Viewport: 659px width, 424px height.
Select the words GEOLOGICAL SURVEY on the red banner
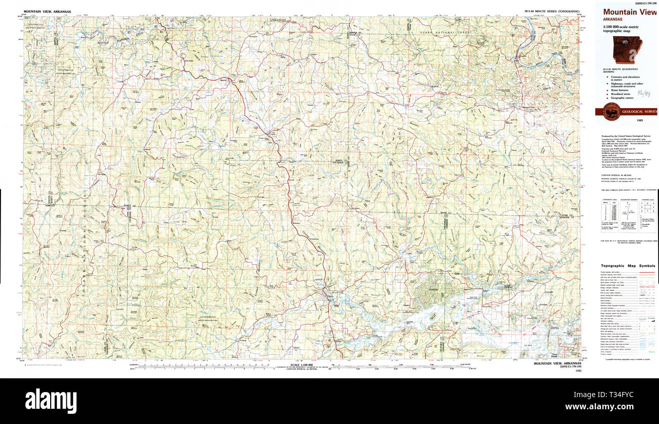(x=636, y=112)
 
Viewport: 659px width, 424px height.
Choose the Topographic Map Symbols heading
(x=628, y=266)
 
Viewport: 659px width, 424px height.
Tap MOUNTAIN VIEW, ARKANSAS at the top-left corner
(x=48, y=11)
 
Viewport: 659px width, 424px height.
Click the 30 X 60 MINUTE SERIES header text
(x=552, y=11)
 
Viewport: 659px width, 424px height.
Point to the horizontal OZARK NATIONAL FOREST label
(x=446, y=33)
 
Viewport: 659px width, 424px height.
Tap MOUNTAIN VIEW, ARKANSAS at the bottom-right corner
(x=557, y=364)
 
